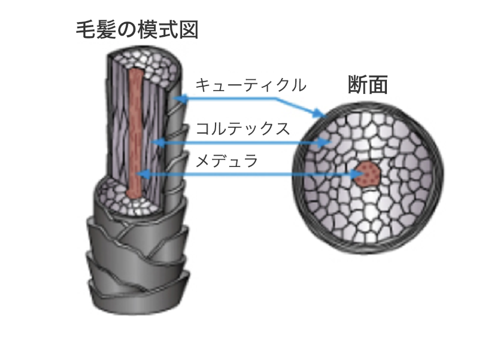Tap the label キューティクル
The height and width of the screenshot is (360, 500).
click(250, 85)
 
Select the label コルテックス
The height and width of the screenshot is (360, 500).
click(243, 128)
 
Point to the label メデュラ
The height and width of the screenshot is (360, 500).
click(226, 162)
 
